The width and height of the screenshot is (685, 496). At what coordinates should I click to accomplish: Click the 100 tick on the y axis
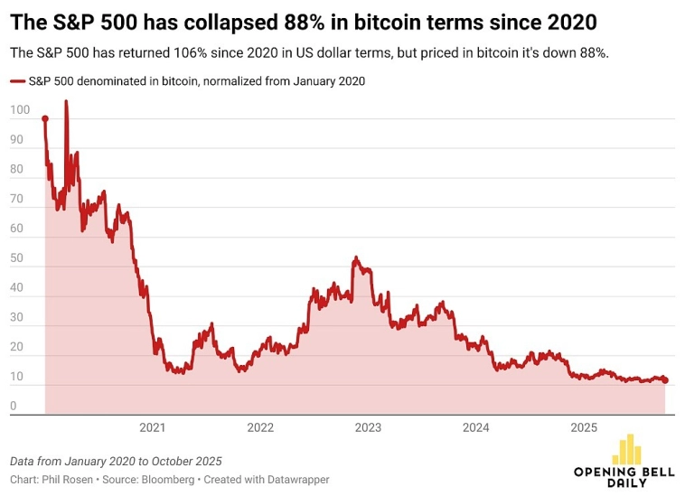coord(19,110)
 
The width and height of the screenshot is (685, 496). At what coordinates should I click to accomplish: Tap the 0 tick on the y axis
coord(14,407)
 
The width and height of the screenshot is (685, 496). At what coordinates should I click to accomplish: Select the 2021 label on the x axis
coord(152,427)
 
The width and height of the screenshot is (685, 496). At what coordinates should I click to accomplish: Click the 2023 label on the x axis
coord(368,427)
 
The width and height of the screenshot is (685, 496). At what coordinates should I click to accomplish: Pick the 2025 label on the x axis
coord(583,427)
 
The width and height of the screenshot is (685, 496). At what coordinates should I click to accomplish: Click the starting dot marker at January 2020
coord(45,119)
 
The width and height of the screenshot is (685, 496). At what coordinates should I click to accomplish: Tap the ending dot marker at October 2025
coord(666,380)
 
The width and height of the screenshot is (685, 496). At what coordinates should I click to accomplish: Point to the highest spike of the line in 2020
coord(65,102)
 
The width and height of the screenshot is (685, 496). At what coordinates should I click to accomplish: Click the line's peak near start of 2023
coord(356,258)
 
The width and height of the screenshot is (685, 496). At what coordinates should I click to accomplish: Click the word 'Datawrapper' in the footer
coord(296,480)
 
